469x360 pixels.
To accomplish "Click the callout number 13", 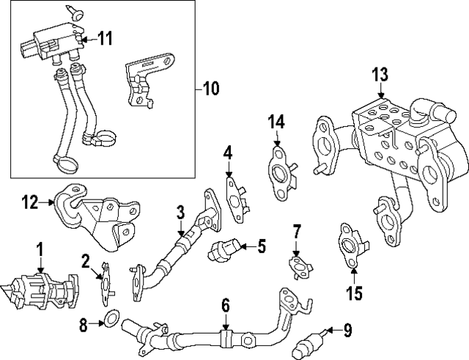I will tap(380, 75).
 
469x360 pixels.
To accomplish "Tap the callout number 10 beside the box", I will tap(210, 89).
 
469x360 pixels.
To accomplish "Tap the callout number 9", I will tap(347, 331).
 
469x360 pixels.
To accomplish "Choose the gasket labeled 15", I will tap(350, 242).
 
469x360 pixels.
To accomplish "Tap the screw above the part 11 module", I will tap(75, 10).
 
